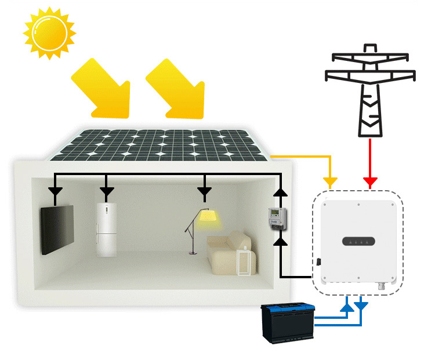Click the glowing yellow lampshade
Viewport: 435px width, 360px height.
pyautogui.click(x=206, y=217)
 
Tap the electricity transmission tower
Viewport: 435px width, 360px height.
pyautogui.click(x=370, y=93)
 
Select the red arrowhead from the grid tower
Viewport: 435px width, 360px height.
pyautogui.click(x=370, y=183)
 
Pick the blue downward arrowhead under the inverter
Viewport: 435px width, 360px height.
pyautogui.click(x=361, y=304)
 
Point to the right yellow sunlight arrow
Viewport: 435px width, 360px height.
pyautogui.click(x=177, y=87)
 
